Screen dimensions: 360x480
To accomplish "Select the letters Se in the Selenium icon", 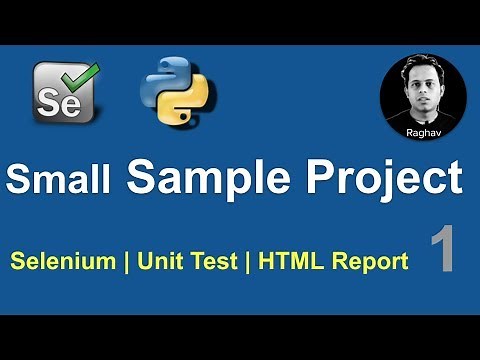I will (56, 100).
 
